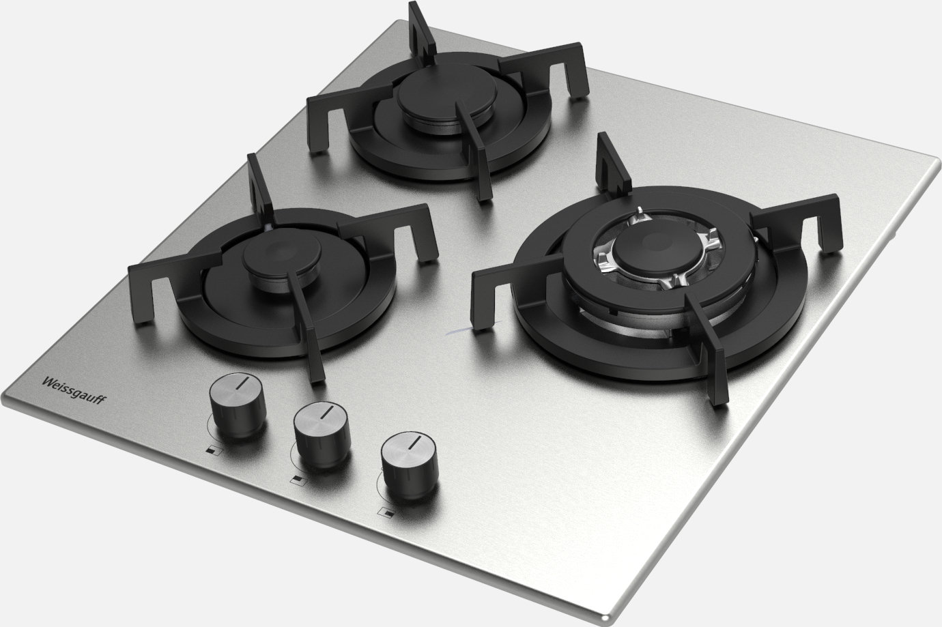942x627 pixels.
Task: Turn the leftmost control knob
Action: (x=238, y=405)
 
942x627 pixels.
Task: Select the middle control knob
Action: (x=322, y=435)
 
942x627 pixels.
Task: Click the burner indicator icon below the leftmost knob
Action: (x=214, y=450)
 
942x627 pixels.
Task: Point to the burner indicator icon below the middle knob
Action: (x=298, y=480)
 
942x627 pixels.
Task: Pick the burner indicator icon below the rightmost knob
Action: (x=386, y=512)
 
